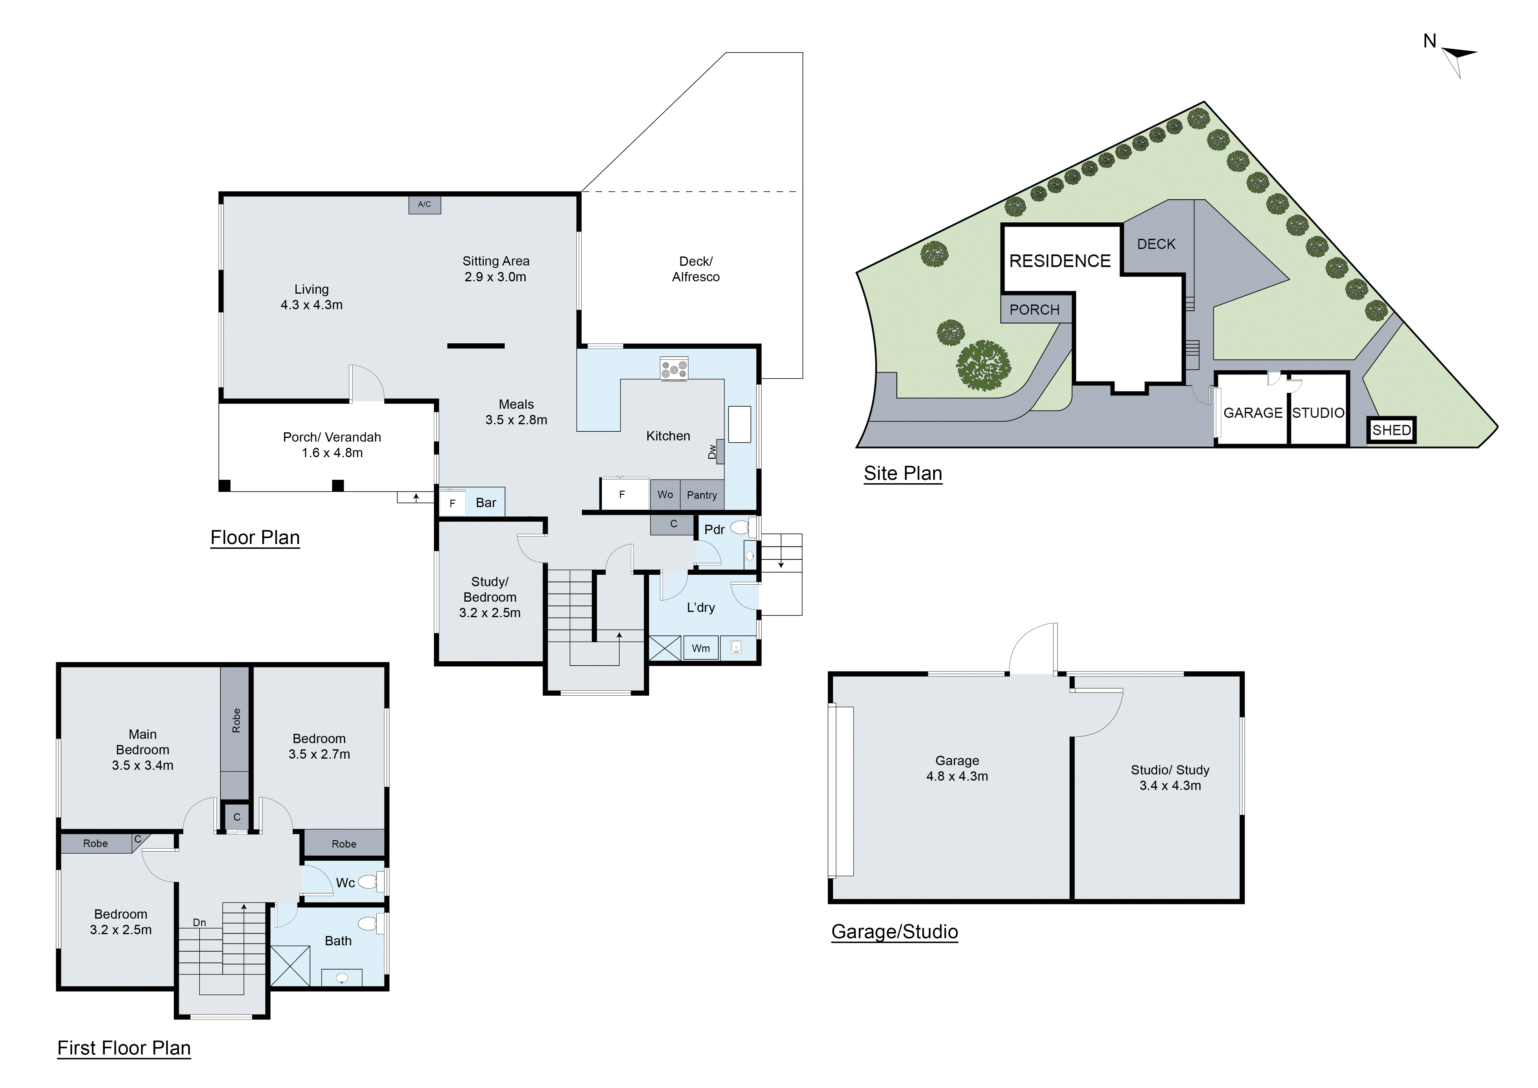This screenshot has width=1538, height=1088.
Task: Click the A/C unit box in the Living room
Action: click(425, 204)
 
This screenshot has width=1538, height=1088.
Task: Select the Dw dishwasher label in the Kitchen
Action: click(712, 452)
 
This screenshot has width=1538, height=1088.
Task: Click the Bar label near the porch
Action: click(486, 502)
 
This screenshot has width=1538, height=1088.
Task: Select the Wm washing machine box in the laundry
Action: click(701, 648)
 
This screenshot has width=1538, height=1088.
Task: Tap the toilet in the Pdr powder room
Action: click(740, 528)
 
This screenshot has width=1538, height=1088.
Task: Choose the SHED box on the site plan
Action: click(1391, 430)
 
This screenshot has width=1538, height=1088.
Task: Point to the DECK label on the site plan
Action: click(1156, 244)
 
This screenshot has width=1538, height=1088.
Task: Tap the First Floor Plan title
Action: click(124, 1048)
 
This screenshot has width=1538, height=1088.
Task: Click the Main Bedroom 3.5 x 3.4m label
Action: click(143, 750)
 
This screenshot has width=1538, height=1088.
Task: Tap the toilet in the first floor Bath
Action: click(368, 924)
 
